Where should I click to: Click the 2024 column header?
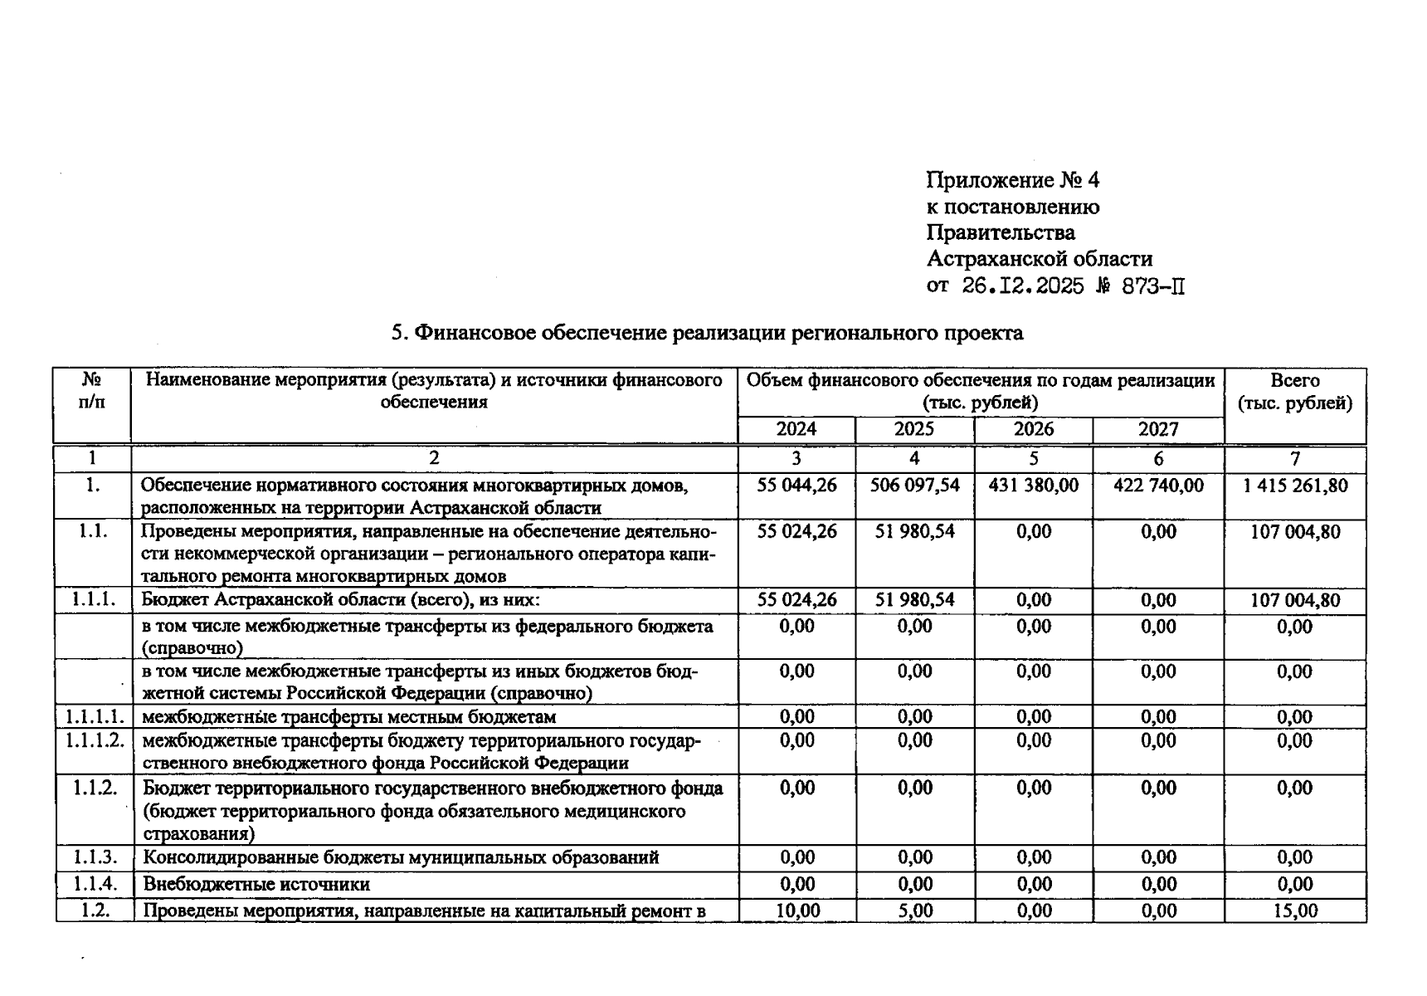[796, 429]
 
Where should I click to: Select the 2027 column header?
[1157, 429]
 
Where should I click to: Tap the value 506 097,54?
[914, 485]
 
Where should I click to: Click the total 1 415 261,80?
[1294, 485]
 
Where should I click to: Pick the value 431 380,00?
[1033, 485]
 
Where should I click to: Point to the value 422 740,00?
[1157, 485]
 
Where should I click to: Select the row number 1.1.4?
[94, 884]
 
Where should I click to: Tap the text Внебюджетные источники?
[256, 885]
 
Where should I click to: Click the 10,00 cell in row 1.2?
[796, 911]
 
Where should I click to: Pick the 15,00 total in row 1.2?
[1294, 911]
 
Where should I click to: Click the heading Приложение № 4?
[1012, 180]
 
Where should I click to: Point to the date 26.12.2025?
[1022, 286]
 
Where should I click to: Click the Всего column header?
[1294, 392]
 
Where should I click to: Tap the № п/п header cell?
[92, 392]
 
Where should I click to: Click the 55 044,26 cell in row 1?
[796, 485]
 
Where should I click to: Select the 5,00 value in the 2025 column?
[914, 911]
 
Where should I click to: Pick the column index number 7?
[1294, 458]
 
